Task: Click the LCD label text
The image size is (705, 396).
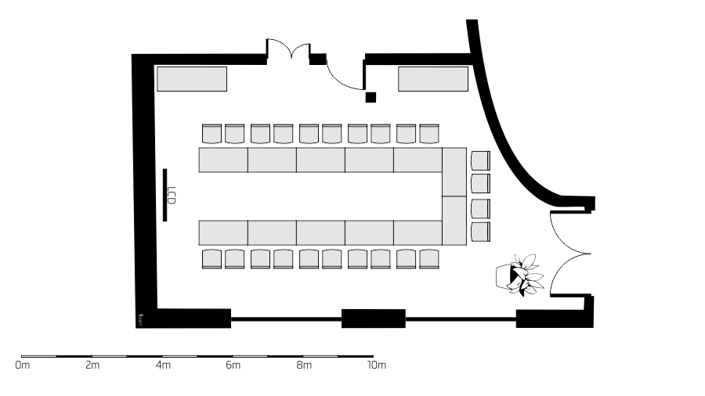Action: click(x=172, y=196)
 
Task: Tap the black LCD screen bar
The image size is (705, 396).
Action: click(x=165, y=195)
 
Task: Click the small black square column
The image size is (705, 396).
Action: click(x=371, y=97)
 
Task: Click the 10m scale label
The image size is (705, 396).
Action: click(x=377, y=365)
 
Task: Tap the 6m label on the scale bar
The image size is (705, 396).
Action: click(x=233, y=365)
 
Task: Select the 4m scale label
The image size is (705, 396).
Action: click(x=163, y=365)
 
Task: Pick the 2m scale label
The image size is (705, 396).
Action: click(x=92, y=365)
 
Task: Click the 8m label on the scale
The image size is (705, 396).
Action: click(x=304, y=365)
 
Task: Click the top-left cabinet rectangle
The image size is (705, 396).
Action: click(x=192, y=79)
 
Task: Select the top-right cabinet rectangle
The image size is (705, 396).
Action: click(x=433, y=79)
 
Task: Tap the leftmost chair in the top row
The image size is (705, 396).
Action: click(x=212, y=134)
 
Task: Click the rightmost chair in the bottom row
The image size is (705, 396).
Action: click(x=429, y=258)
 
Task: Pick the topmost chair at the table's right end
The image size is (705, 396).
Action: click(x=480, y=160)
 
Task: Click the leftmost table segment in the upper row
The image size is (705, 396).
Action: click(x=223, y=160)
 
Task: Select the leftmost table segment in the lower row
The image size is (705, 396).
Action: click(x=223, y=232)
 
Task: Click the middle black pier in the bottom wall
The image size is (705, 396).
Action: click(x=374, y=319)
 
